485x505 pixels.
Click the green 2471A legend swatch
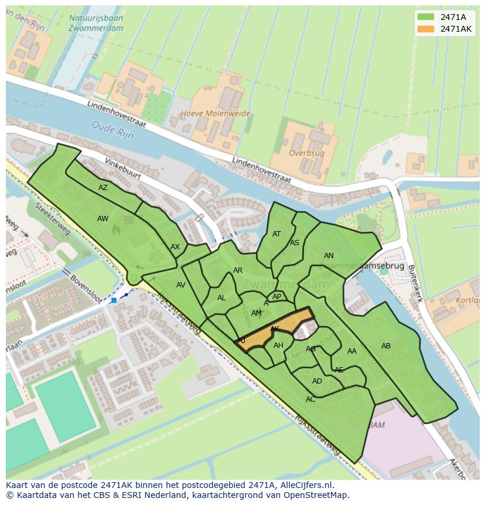tap(426, 17)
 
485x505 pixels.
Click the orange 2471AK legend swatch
tap(426, 29)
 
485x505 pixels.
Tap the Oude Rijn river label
tap(112, 130)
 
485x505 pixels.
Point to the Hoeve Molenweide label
tap(215, 113)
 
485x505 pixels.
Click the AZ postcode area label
tap(103, 188)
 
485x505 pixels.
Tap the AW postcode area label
tap(103, 219)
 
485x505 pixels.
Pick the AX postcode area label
tap(175, 247)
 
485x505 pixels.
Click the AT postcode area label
tap(276, 234)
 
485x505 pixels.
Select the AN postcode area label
tap(329, 256)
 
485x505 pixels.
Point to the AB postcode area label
tap(386, 346)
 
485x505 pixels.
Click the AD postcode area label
tap(317, 381)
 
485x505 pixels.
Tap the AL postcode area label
tap(221, 298)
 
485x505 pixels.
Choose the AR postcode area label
tap(238, 270)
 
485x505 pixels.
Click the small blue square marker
tap(114, 300)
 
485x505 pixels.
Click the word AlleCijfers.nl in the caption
tap(305, 485)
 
